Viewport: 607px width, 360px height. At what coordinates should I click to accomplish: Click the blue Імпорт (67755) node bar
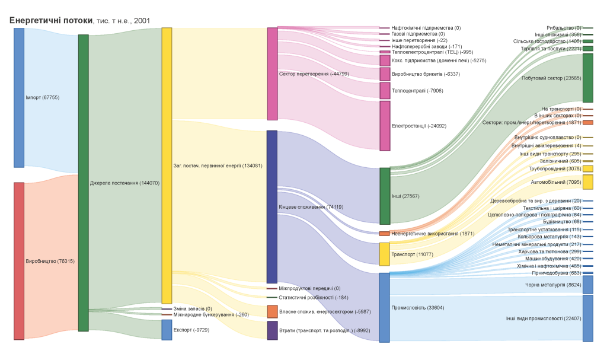click(x=19, y=97)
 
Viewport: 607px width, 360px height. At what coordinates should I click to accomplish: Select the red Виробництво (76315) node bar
click(x=19, y=261)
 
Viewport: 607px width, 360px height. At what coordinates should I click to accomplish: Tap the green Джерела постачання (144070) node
click(x=84, y=183)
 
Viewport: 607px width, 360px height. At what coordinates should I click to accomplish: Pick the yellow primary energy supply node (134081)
click(x=167, y=165)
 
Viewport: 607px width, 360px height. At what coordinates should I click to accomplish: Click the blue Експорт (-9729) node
click(x=167, y=330)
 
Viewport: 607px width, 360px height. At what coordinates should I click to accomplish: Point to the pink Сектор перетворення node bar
click(x=272, y=74)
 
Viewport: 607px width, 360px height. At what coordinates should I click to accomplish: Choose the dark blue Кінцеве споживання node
click(x=272, y=206)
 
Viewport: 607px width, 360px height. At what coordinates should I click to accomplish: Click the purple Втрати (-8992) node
click(x=272, y=330)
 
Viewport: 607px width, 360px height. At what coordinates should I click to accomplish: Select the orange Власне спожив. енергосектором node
click(x=272, y=311)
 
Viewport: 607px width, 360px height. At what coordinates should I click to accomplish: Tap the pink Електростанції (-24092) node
click(x=385, y=126)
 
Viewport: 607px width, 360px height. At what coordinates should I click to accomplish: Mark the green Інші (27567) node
click(x=385, y=196)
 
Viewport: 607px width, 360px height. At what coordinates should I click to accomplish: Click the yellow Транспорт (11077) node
click(x=385, y=254)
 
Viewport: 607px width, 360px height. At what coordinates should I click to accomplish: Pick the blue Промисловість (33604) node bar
click(x=385, y=307)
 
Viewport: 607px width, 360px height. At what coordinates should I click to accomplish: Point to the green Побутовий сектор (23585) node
click(x=587, y=78)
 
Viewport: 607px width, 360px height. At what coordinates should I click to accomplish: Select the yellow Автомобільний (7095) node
click(x=587, y=182)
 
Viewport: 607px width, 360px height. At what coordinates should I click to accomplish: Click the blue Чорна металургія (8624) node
click(x=587, y=285)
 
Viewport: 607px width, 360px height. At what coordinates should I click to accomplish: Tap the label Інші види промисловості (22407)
click(x=543, y=318)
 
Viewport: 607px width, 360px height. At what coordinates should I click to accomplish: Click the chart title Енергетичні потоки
click(x=51, y=20)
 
